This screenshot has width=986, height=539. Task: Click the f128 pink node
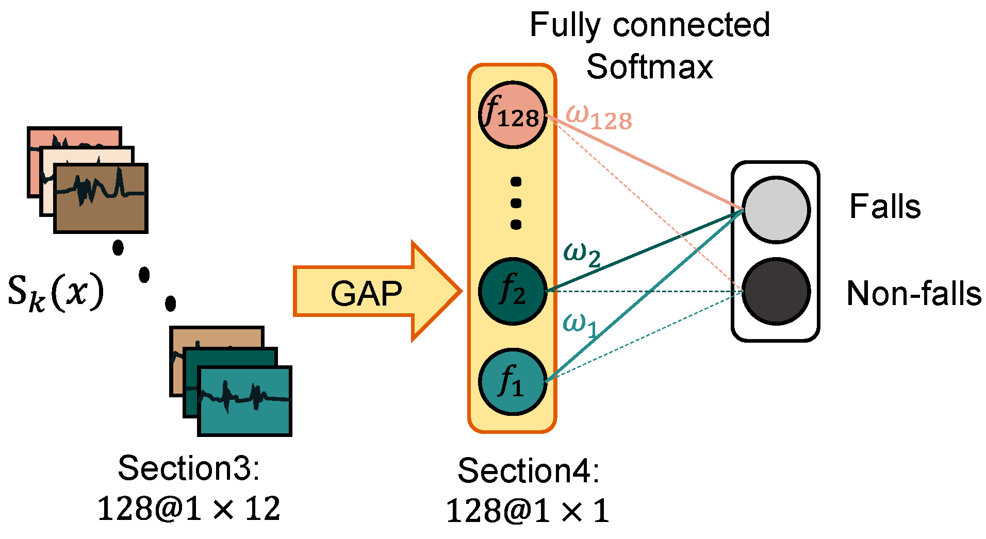[512, 115]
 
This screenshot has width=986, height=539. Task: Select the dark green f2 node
[512, 291]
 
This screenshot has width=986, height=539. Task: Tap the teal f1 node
[512, 382]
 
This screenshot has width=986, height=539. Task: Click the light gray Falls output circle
[776, 209]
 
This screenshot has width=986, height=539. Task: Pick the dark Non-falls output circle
[776, 292]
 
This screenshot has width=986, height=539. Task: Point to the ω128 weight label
[598, 117]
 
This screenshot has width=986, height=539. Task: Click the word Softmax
[649, 67]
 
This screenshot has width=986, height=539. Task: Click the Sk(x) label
[55, 292]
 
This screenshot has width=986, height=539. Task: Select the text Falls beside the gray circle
[885, 207]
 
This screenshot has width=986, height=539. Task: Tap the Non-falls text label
[914, 294]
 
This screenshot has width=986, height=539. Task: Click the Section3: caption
[189, 468]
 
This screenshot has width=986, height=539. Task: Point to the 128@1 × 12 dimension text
[189, 509]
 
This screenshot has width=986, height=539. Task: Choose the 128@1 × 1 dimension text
[527, 511]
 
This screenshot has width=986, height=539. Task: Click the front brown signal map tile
[101, 198]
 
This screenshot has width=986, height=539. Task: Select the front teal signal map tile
[245, 401]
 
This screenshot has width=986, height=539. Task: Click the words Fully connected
[649, 26]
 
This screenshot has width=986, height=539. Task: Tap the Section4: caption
[528, 470]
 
